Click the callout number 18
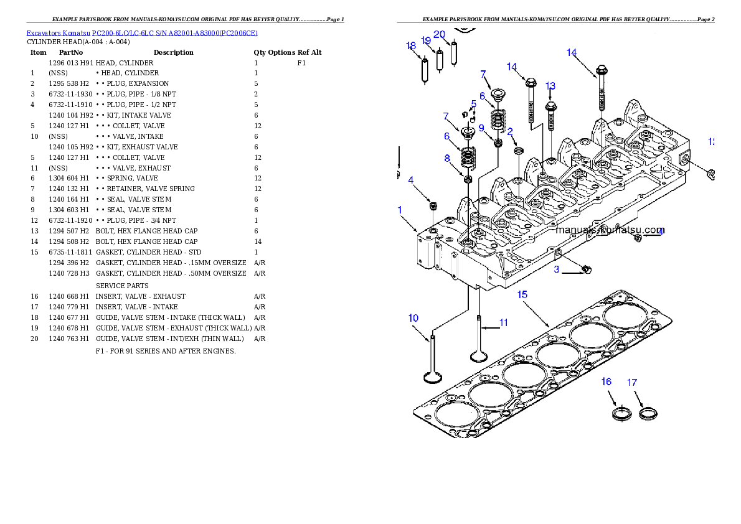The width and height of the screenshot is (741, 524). coord(410,46)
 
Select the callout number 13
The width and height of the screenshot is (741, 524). coord(550,87)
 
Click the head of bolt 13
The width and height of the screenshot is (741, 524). coord(550,106)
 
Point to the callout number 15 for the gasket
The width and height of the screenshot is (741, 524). coord(522,294)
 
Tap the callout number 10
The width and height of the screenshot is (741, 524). coord(413,319)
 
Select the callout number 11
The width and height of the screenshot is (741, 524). coord(503,323)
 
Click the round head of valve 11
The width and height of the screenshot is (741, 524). coord(478,357)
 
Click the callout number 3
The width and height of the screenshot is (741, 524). coord(557,270)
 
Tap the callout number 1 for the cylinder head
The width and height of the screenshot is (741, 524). coord(400,210)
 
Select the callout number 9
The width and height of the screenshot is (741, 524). coord(481,128)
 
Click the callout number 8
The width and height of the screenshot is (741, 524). coord(447,159)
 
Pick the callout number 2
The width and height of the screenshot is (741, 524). coord(510,132)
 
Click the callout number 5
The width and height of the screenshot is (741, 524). coord(474,104)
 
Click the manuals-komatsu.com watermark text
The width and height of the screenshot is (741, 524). coord(610,230)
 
